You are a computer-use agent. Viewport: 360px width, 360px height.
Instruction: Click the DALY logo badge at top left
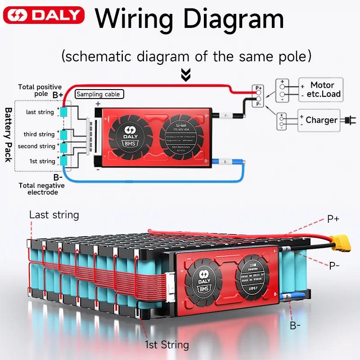(44, 15)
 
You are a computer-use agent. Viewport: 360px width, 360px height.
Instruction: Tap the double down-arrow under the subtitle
(185, 74)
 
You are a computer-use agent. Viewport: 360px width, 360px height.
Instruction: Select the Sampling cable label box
(99, 94)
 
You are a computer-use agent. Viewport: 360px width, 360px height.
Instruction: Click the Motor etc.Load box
(321, 90)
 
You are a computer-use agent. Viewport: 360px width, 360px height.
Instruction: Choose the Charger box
(321, 120)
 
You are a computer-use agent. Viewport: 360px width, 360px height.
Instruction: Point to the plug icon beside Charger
(347, 120)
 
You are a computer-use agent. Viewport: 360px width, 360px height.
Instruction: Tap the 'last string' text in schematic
(40, 112)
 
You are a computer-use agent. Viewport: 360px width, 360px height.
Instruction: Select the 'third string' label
(39, 134)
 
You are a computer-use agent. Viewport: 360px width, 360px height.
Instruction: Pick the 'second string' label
(36, 146)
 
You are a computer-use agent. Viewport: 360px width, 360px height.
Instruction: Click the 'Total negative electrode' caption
(41, 189)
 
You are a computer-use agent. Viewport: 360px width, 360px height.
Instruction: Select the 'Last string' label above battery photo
(54, 215)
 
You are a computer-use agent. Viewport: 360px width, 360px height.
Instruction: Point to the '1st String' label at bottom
(167, 345)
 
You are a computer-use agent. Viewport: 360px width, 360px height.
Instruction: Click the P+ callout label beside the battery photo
(333, 219)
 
